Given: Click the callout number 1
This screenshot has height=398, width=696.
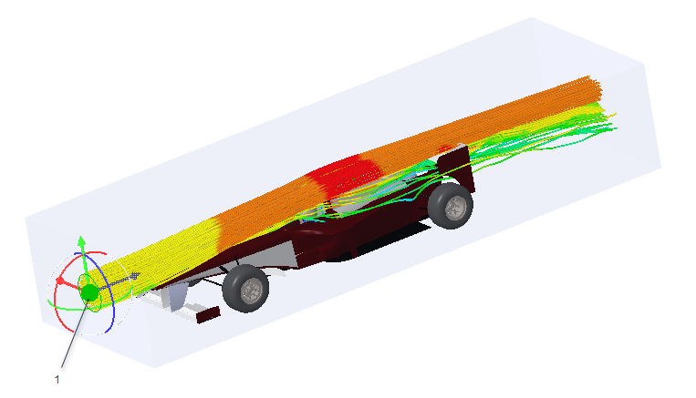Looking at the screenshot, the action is (57, 380).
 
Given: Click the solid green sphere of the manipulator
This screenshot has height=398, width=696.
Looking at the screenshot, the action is (89, 292).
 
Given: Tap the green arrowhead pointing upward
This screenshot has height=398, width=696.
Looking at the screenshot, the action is (81, 241).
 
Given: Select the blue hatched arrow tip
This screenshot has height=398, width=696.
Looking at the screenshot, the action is (134, 276).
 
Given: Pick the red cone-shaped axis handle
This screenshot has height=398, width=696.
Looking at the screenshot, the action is (60, 281).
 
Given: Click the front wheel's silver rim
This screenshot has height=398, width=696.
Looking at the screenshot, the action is (253, 291).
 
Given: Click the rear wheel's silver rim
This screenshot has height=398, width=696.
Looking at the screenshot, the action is (455, 208).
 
